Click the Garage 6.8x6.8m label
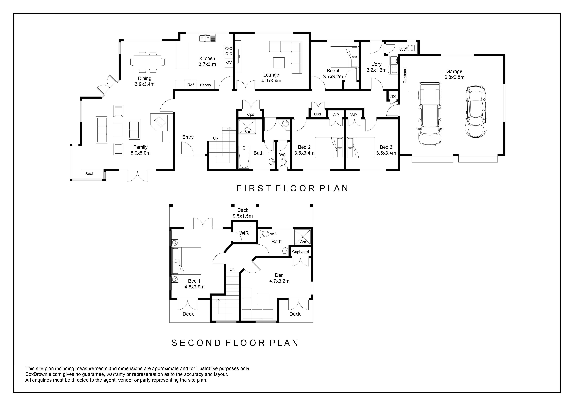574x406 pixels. [x=454, y=74]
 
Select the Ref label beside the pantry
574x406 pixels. [x=190, y=85]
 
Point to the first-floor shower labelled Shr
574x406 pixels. [x=247, y=127]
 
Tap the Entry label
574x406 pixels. [x=188, y=137]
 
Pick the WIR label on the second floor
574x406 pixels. [x=244, y=233]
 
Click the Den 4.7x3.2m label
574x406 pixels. [x=279, y=278]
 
